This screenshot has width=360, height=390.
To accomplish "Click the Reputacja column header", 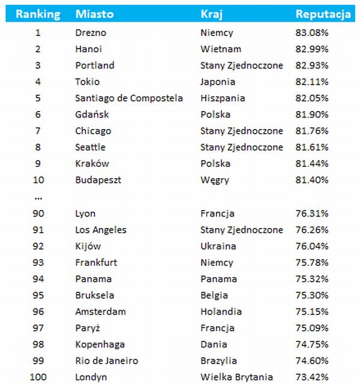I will click(x=323, y=14).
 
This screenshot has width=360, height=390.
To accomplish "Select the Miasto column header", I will click(x=94, y=14).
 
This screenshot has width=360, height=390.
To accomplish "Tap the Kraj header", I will click(x=211, y=14).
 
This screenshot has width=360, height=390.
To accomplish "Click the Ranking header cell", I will click(x=38, y=14).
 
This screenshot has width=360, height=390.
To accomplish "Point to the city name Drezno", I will click(x=91, y=33).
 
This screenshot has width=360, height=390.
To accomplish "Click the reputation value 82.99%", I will click(x=312, y=49).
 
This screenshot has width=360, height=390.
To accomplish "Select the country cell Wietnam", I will click(x=221, y=49).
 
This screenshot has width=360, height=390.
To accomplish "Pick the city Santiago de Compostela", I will click(x=129, y=98).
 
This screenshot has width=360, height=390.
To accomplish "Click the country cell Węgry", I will click(x=214, y=180).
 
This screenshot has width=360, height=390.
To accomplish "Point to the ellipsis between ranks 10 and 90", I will click(x=38, y=197).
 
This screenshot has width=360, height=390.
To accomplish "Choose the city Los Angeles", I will click(x=101, y=230).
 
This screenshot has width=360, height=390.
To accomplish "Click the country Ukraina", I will click(x=218, y=246).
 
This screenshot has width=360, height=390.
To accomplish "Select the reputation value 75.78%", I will click(x=312, y=262).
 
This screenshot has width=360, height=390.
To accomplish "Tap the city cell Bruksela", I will click(x=95, y=295).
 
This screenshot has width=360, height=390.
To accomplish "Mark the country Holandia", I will click(x=221, y=311).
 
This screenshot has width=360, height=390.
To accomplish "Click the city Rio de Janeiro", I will click(x=107, y=361).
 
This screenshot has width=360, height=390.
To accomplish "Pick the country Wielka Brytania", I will click(x=236, y=377).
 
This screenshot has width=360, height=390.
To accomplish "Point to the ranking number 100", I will click(x=38, y=377).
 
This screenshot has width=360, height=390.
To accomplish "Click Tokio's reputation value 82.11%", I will click(x=312, y=82).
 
